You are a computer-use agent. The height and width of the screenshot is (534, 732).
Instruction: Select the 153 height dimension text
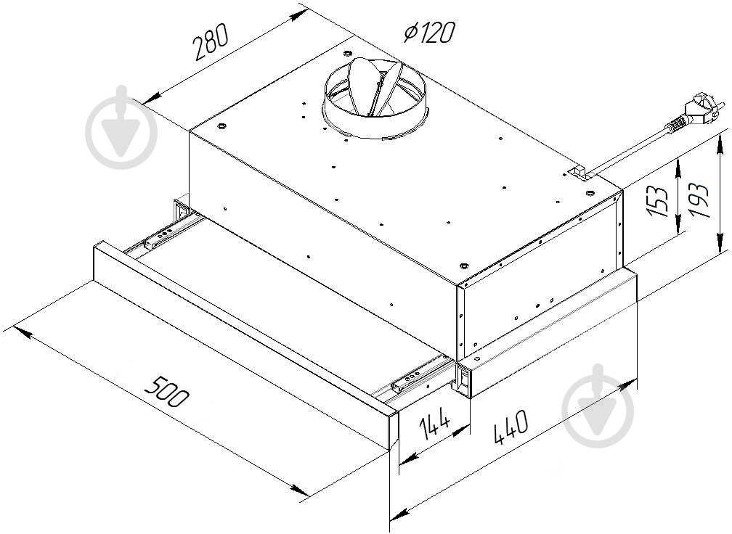(659, 202)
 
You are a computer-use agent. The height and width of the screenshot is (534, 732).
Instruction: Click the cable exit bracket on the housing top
(577, 173)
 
